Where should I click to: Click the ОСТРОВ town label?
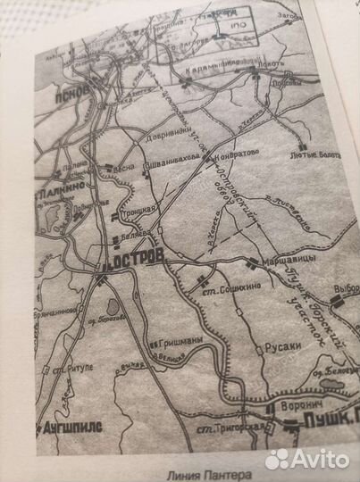tap(137, 256)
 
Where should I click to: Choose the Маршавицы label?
tap(287, 262)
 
